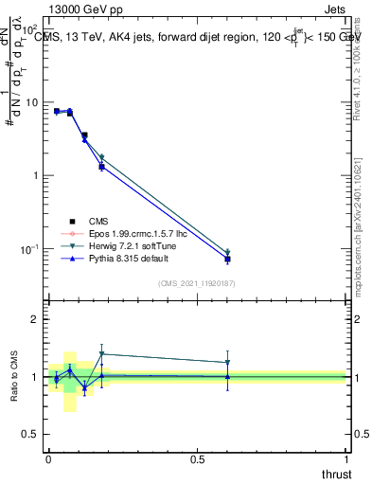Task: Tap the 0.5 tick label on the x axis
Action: tap(197, 458)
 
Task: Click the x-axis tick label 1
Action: tap(346, 458)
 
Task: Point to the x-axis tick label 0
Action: tap(48, 458)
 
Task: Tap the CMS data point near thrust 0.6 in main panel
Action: tap(227, 259)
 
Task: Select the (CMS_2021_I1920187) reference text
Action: tap(197, 282)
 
